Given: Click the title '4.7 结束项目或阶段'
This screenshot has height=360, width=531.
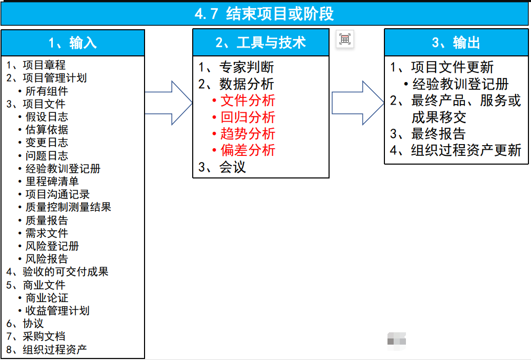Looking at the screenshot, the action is click(264, 14).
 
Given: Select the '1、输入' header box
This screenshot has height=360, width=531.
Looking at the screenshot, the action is click(73, 43).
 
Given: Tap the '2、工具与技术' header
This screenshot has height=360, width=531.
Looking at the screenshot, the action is click(260, 43).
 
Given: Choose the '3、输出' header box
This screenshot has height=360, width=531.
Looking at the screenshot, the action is click(456, 43).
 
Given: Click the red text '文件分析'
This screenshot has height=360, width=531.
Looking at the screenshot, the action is click(248, 101).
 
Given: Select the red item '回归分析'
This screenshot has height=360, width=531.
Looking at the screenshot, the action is click(248, 117).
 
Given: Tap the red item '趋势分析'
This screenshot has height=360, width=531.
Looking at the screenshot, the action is click(248, 134).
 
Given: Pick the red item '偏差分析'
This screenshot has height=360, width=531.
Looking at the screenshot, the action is click(248, 150).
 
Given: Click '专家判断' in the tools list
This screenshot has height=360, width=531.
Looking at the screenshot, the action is click(247, 67).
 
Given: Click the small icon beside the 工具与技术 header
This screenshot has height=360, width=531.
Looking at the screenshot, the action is click(345, 39).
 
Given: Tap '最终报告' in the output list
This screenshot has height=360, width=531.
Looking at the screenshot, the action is click(438, 134).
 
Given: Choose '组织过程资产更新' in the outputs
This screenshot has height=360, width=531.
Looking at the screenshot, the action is click(466, 150).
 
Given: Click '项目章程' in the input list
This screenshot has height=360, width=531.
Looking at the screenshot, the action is click(44, 65).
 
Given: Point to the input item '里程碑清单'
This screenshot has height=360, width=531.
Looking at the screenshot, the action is click(52, 182).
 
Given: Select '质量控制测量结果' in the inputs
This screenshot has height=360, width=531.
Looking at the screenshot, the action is click(68, 207).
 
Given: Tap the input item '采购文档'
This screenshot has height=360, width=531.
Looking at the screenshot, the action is click(44, 336).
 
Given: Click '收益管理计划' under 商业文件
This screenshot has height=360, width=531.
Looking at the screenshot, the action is click(57, 311).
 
